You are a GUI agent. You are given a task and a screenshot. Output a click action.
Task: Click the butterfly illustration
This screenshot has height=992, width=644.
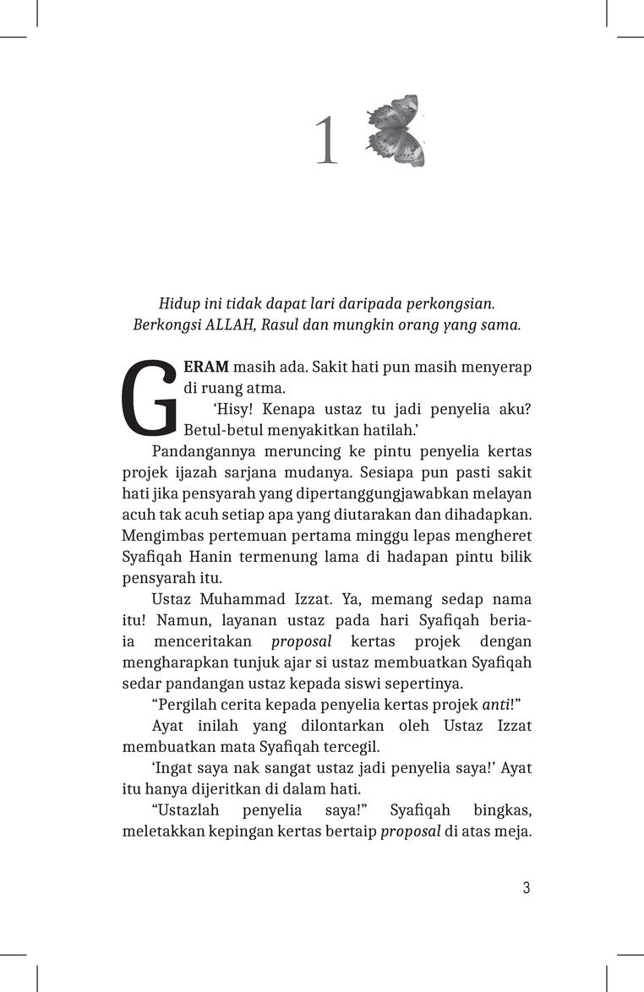click(396, 130)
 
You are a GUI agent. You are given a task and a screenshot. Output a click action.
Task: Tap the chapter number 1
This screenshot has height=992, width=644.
click(326, 142)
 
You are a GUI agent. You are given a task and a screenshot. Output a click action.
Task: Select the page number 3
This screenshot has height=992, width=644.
click(526, 888)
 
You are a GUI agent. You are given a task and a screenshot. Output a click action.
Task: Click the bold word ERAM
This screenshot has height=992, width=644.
click(206, 368)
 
